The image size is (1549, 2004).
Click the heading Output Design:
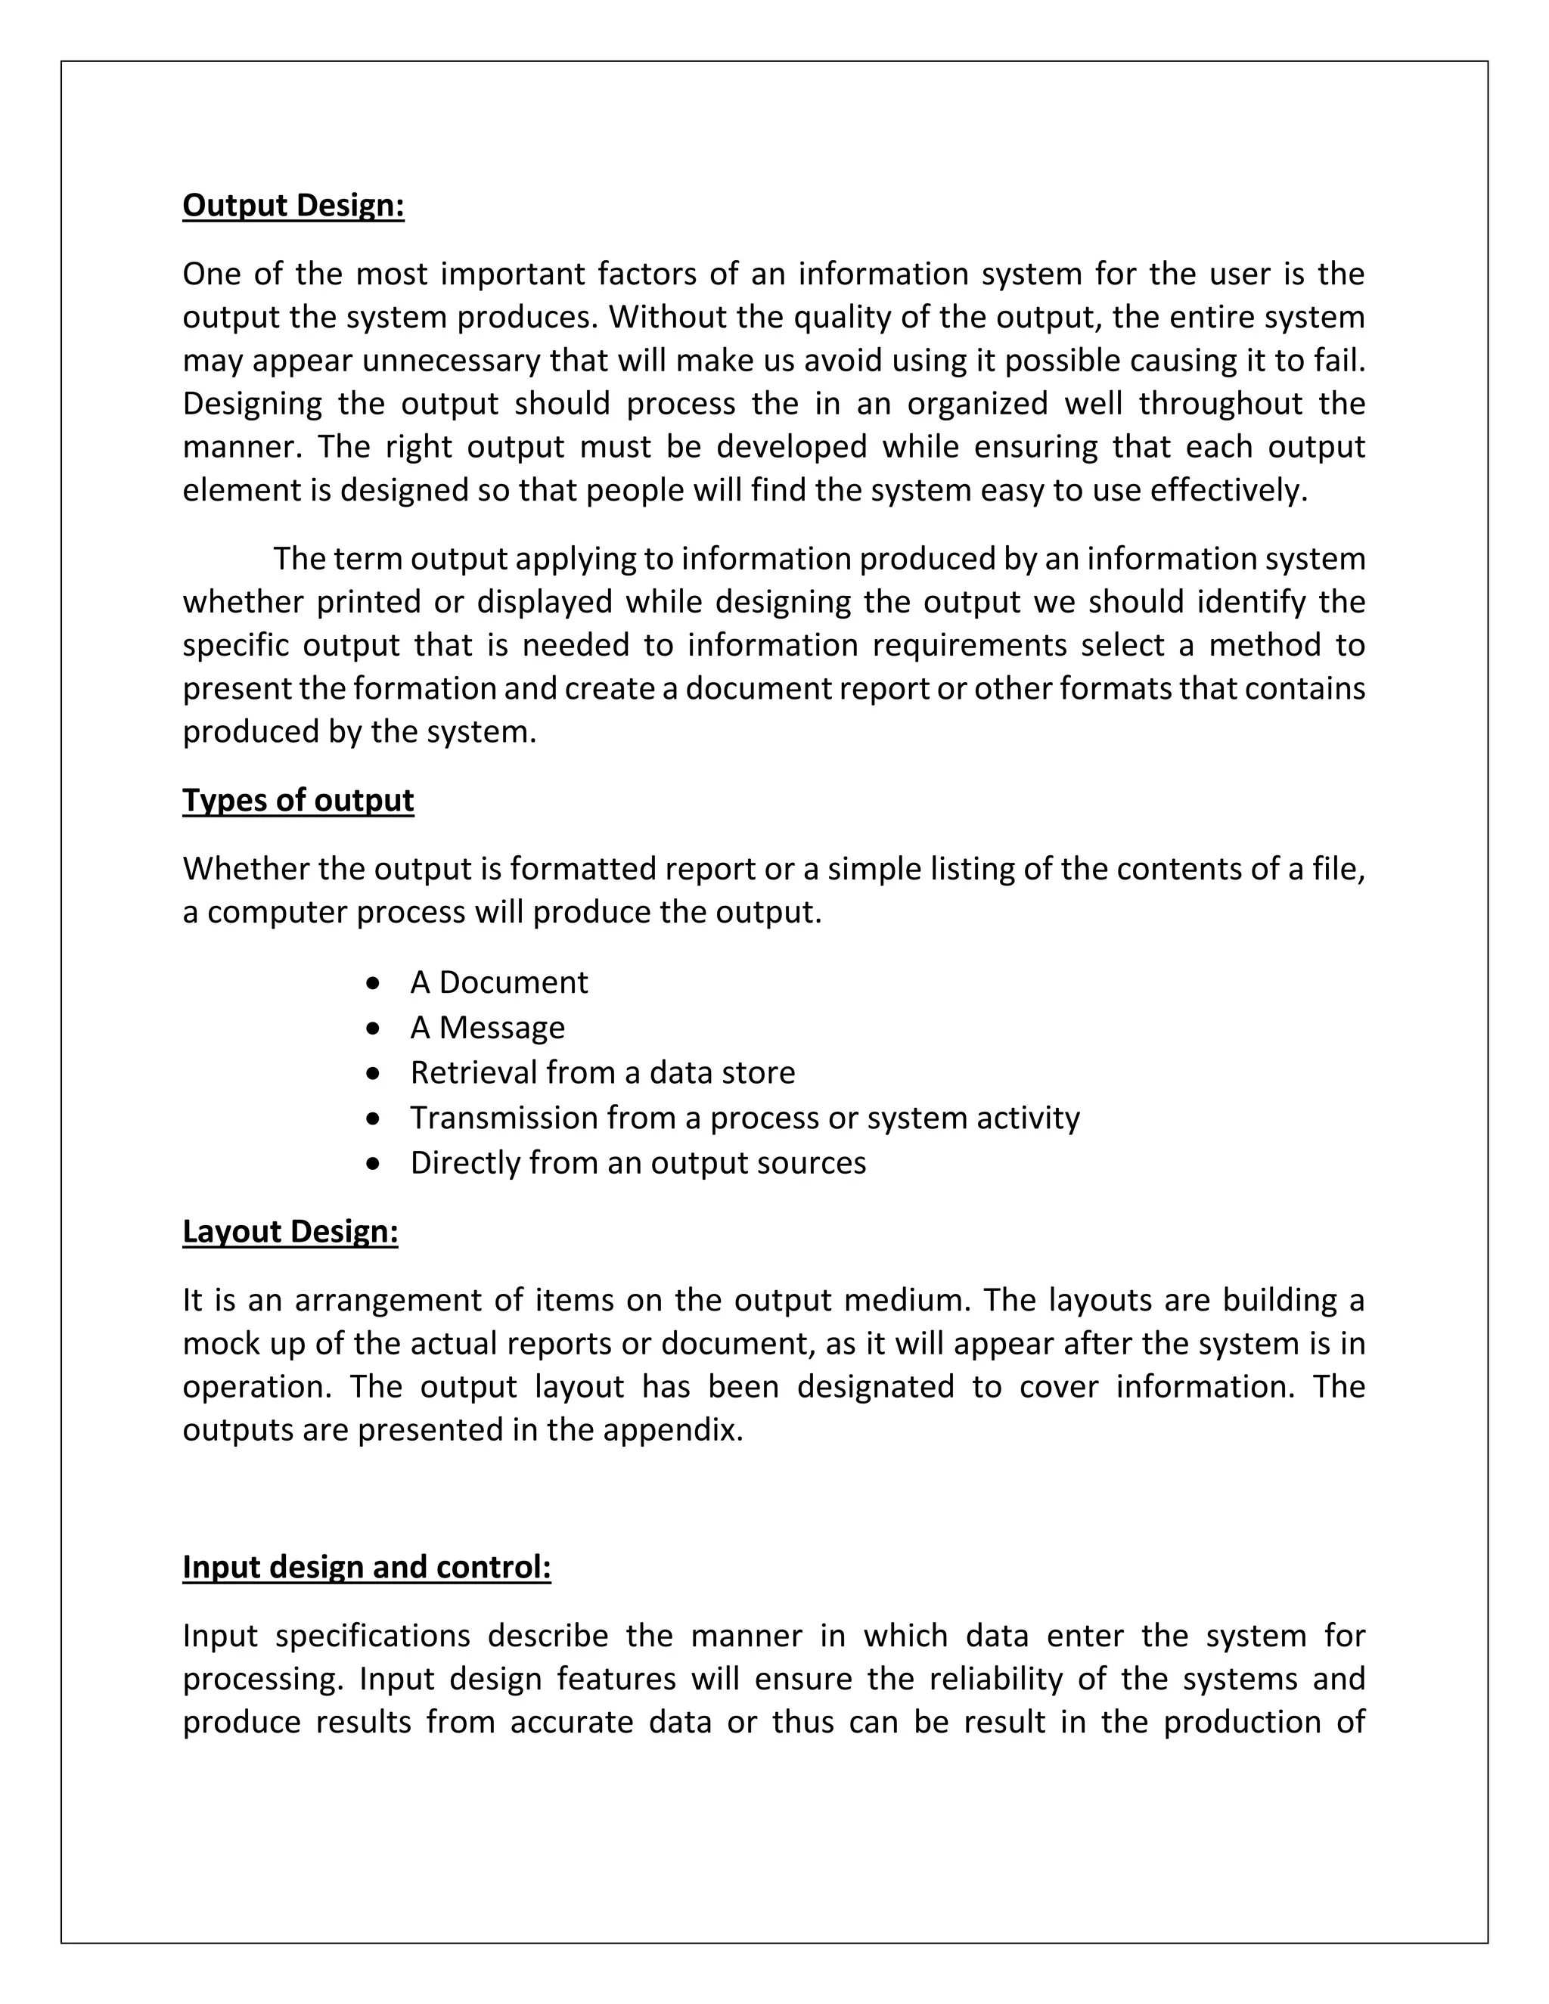293,206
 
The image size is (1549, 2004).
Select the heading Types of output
297,800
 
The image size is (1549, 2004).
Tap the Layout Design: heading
290,1231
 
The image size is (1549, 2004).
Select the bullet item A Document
498,983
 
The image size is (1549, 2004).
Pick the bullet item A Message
487,1028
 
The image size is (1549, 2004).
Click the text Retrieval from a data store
602,1072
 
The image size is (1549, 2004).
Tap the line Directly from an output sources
638,1164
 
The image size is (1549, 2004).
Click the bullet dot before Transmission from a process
371,1118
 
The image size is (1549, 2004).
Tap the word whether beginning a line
241,602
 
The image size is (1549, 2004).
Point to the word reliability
995,1679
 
